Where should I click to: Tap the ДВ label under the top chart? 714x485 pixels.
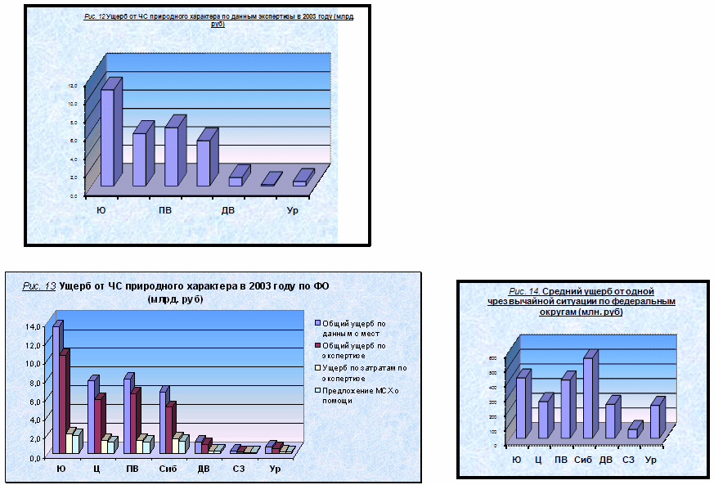[228, 212]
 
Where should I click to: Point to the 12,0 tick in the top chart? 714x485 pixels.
[73, 85]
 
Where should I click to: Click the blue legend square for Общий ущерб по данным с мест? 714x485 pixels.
[317, 323]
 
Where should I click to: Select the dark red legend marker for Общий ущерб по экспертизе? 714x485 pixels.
[317, 346]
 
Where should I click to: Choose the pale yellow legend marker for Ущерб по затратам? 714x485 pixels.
[317, 369]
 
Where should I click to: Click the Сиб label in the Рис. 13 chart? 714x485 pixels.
[167, 469]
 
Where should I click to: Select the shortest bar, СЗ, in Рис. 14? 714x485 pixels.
[632, 433]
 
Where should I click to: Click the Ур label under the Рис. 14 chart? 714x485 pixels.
[651, 460]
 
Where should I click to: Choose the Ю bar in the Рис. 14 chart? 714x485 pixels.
[520, 406]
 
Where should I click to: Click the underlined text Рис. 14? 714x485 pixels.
[523, 291]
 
